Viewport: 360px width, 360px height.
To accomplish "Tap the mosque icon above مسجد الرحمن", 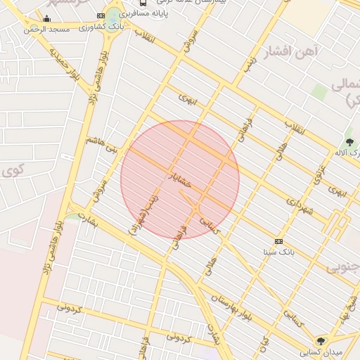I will [47, 19].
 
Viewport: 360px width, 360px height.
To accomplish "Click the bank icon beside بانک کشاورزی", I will [112, 15].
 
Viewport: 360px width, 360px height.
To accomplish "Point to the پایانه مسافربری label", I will [143, 13].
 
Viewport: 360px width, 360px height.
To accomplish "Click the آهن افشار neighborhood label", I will [290, 51].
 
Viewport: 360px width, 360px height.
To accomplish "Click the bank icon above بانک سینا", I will [279, 240].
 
